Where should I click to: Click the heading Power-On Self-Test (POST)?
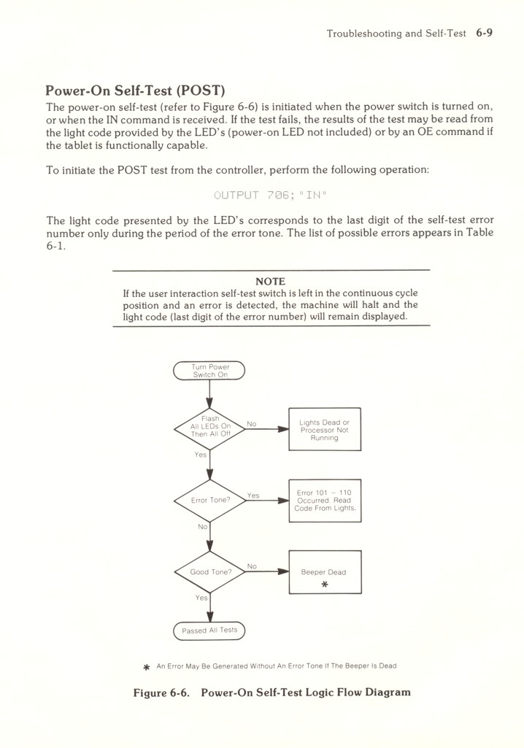coord(134,91)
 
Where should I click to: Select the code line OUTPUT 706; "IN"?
coord(271,195)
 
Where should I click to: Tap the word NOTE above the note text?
coord(271,281)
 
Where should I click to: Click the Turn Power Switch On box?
coord(209,371)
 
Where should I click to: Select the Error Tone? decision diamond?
coord(209,501)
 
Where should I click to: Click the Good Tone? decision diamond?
coord(209,572)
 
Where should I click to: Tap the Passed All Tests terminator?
coord(209,630)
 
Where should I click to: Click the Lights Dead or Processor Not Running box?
coord(325,430)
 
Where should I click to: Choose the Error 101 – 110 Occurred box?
coord(325,500)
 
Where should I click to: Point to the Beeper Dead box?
coord(325,572)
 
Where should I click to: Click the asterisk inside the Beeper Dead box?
coord(324,585)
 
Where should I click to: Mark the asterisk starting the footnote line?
coord(146,666)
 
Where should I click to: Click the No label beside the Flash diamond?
coord(252,423)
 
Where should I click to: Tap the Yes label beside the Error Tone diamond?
coord(253,495)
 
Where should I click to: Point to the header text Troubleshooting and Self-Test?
coord(396,34)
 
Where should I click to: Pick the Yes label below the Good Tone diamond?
coord(201,598)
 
